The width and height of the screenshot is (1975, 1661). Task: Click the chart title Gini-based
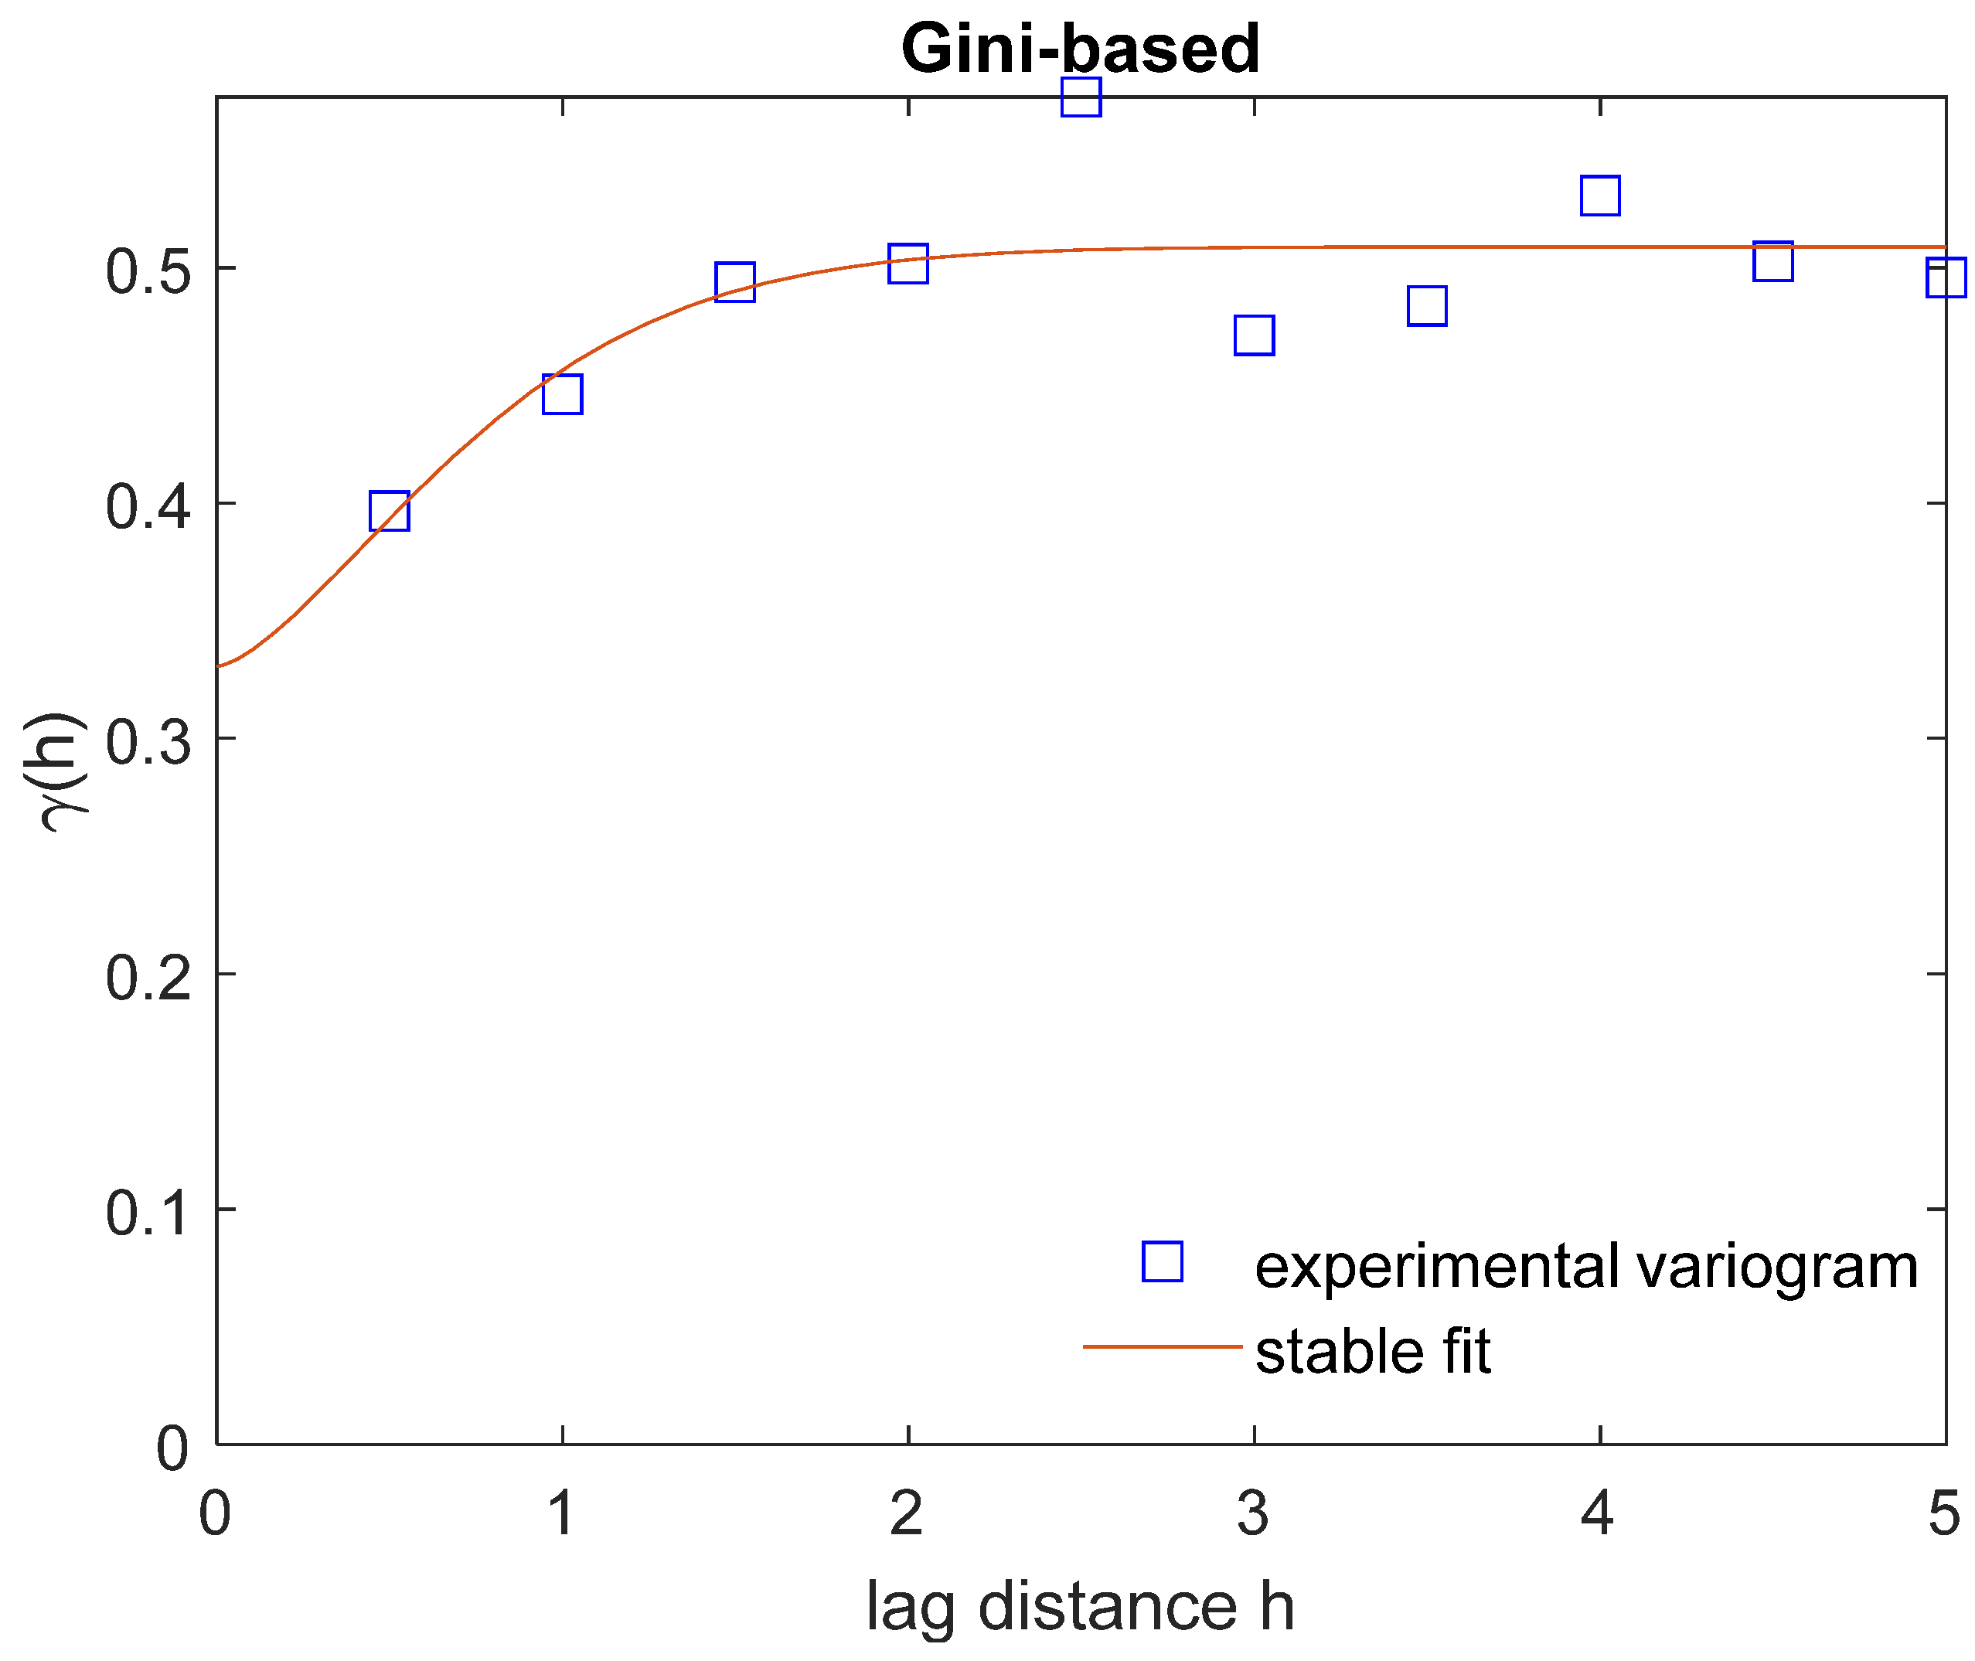click(1081, 49)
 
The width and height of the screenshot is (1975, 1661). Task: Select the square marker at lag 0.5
click(389, 510)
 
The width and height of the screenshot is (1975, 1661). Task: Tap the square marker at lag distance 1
click(562, 393)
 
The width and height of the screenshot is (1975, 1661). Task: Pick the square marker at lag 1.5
click(734, 281)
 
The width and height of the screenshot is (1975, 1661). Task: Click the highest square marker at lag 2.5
click(1081, 97)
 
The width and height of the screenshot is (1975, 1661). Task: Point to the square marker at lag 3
click(1254, 335)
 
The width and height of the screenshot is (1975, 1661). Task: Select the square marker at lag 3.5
click(1427, 306)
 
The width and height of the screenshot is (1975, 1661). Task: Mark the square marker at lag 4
click(1600, 196)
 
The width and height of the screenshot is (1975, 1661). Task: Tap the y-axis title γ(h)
click(64, 772)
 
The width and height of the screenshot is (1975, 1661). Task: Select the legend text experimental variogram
click(1586, 1267)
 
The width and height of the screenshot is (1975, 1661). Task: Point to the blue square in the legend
click(1163, 1261)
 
